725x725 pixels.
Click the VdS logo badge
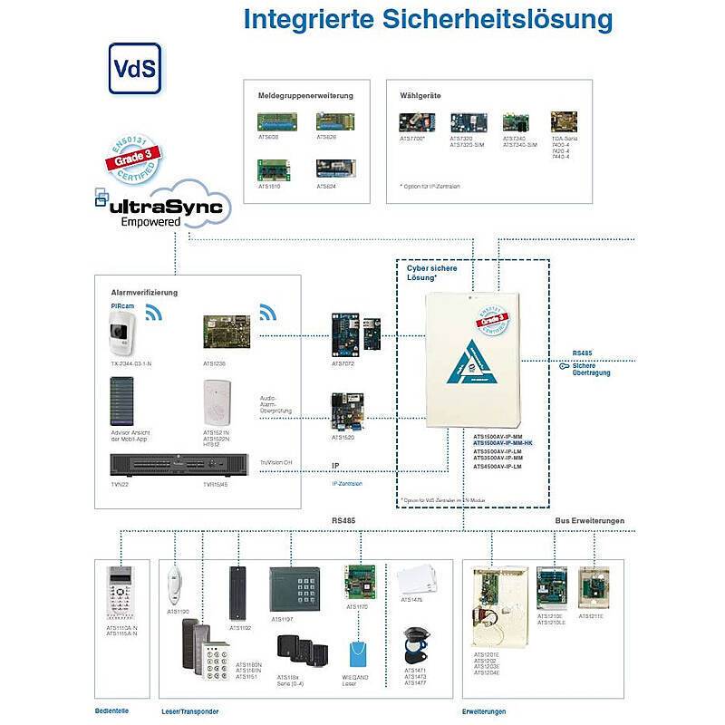136,67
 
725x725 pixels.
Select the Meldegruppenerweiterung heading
305,95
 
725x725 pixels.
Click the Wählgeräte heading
420,95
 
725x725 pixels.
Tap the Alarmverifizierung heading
144,293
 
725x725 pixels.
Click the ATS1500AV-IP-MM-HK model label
503,442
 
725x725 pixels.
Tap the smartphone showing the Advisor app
121,401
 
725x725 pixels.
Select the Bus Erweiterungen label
589,521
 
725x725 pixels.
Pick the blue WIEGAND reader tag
356,654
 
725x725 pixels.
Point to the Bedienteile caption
111,711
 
